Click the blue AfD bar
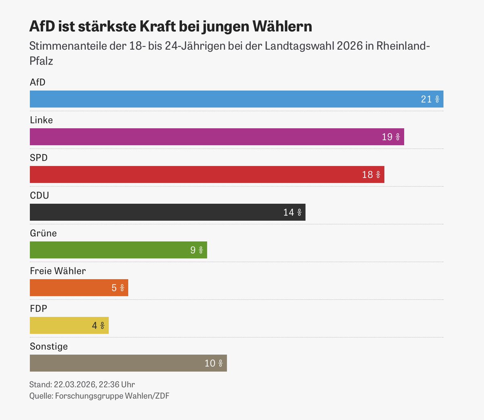[236, 99]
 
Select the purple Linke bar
[217, 137]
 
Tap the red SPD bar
[207, 174]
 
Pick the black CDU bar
[167, 212]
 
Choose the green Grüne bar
[118, 250]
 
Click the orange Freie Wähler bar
[79, 288]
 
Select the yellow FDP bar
[69, 325]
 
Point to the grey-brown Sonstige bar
[128, 363]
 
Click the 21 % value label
[430, 99]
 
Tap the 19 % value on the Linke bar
[391, 137]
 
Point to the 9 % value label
[196, 250]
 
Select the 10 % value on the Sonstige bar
[214, 364]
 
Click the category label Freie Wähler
[58, 271]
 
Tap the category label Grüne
[43, 233]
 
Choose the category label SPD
[39, 158]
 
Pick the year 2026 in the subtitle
[350, 46]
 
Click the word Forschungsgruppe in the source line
[89, 396]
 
